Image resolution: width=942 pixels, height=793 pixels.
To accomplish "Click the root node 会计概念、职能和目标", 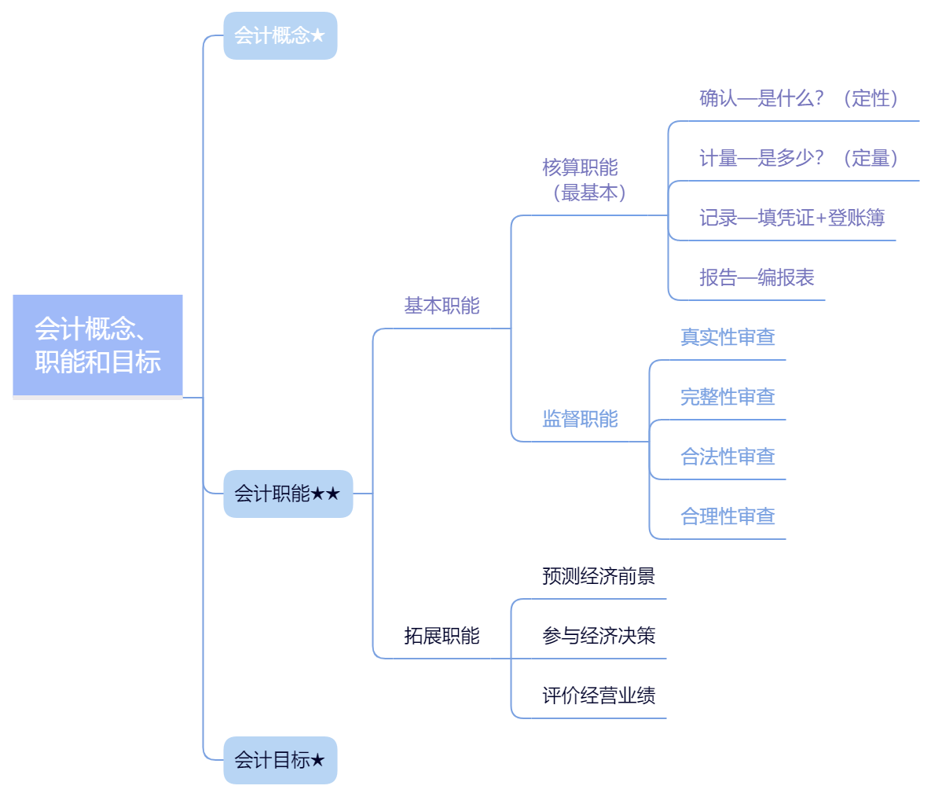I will (97, 346).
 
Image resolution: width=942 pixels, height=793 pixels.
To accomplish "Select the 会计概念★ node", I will (280, 35).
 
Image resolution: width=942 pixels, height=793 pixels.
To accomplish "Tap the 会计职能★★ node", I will (288, 494).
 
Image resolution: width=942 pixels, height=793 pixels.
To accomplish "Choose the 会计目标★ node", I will (280, 760).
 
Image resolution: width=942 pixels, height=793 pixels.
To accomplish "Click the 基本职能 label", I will (442, 306).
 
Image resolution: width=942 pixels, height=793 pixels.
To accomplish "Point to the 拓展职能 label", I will (442, 636).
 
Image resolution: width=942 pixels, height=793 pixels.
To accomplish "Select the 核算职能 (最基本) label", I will (581, 180).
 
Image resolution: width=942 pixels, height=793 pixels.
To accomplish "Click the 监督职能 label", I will (580, 419).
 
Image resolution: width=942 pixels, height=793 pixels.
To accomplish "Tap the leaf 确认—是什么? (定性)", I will (798, 98).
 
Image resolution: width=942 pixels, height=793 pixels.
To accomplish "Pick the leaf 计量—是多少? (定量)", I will (798, 158).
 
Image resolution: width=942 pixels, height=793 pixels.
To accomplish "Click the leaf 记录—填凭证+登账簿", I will (792, 218).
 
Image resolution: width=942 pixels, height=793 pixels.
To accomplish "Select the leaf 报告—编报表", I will (757, 277).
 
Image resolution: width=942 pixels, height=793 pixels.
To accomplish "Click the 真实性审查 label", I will (728, 337).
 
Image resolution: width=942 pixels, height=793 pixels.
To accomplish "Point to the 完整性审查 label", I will (728, 397).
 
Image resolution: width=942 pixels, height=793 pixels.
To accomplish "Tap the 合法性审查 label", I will (728, 457).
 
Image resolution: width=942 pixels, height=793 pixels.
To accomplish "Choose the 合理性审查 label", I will (728, 516).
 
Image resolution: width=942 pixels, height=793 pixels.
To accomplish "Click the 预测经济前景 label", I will (599, 576).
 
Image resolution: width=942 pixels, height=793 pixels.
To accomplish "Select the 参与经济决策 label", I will (599, 636).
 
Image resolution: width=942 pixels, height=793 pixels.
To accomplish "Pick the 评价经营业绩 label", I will (599, 696).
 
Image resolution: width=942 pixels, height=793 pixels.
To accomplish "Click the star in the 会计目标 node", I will (317, 760).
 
